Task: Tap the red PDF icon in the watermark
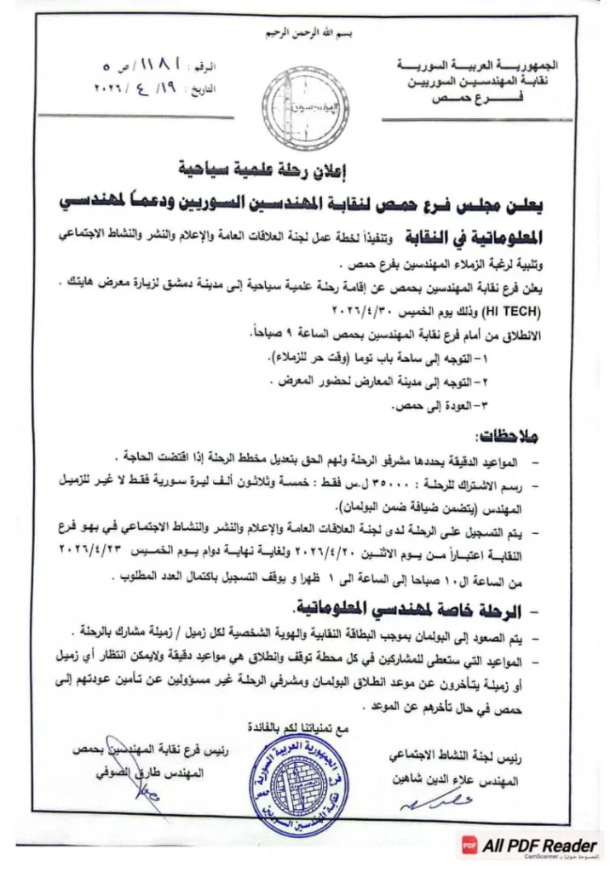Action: tap(468, 846)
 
